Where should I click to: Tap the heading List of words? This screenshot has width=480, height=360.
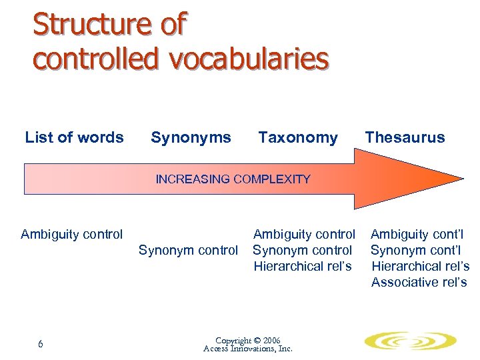point(74,138)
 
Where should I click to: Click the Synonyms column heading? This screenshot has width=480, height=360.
point(191,138)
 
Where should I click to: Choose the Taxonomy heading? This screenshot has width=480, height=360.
point(298,138)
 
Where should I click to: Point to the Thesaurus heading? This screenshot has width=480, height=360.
point(405,138)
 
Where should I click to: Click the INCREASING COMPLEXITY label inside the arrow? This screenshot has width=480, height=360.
point(233,179)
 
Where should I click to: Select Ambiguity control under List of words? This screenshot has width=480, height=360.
point(72,234)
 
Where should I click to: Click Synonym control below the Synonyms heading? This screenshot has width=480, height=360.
point(188,251)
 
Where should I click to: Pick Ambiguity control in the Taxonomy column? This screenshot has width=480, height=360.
point(304,234)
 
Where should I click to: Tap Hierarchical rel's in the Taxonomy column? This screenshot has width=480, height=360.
point(303,266)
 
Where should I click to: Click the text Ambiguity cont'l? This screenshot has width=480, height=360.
point(417,234)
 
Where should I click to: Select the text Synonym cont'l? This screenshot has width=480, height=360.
point(417,251)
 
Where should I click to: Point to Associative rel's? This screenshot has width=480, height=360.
point(419,282)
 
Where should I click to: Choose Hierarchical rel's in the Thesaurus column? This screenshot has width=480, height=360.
point(421,266)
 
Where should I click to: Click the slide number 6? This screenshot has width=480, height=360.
point(41,344)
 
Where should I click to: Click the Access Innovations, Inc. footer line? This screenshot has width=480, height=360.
point(248,349)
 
